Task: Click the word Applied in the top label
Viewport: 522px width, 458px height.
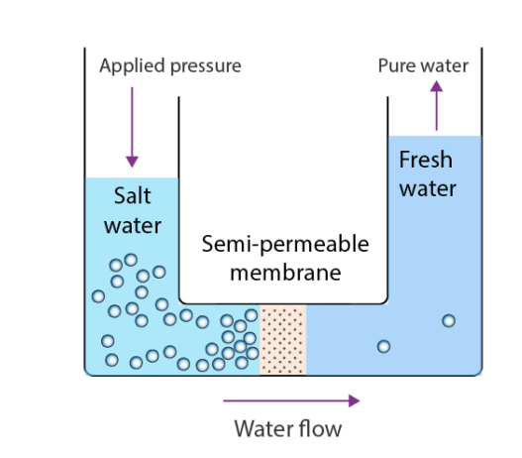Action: click(132, 66)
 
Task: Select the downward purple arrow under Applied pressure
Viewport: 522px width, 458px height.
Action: click(132, 127)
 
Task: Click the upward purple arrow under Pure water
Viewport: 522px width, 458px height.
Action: click(437, 106)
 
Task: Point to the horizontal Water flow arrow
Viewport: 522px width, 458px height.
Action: click(291, 401)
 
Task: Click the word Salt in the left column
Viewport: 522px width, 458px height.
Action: click(133, 195)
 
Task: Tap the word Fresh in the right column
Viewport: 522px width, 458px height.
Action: click(426, 160)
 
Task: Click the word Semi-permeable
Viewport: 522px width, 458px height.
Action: click(285, 245)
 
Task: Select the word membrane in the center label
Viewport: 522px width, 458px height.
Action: click(285, 273)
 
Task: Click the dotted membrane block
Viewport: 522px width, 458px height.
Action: click(282, 340)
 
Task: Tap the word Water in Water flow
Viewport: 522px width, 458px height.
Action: click(264, 428)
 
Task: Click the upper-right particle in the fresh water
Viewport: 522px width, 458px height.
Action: click(449, 321)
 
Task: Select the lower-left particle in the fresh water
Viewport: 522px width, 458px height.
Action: click(383, 347)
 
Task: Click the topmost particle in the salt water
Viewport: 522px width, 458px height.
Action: click(131, 260)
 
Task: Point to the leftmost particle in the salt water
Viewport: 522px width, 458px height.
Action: click(98, 296)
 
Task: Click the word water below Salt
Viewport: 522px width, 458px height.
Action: click(133, 226)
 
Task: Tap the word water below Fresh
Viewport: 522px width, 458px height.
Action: click(428, 189)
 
